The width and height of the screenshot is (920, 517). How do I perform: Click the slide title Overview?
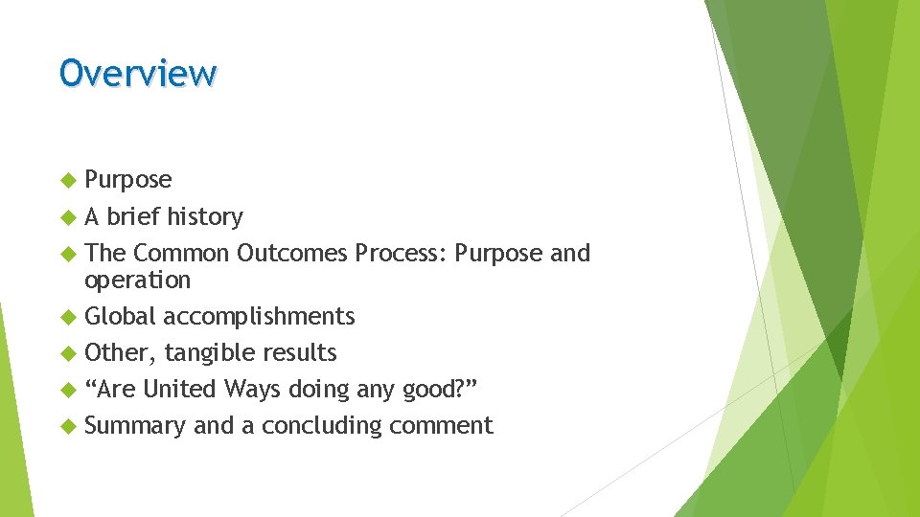click(138, 73)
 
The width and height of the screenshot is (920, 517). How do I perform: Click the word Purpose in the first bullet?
click(128, 180)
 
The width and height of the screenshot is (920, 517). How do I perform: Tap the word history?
click(205, 217)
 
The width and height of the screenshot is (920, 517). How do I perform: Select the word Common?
click(181, 254)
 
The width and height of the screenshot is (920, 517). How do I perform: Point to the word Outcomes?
click(292, 254)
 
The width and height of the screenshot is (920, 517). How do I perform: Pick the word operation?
click(138, 281)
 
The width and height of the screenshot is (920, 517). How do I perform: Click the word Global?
click(120, 317)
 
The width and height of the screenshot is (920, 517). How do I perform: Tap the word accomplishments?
click(259, 317)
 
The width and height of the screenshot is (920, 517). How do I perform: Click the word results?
click(300, 353)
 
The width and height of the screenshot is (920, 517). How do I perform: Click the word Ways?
click(249, 390)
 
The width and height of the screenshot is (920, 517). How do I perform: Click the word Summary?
click(135, 426)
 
